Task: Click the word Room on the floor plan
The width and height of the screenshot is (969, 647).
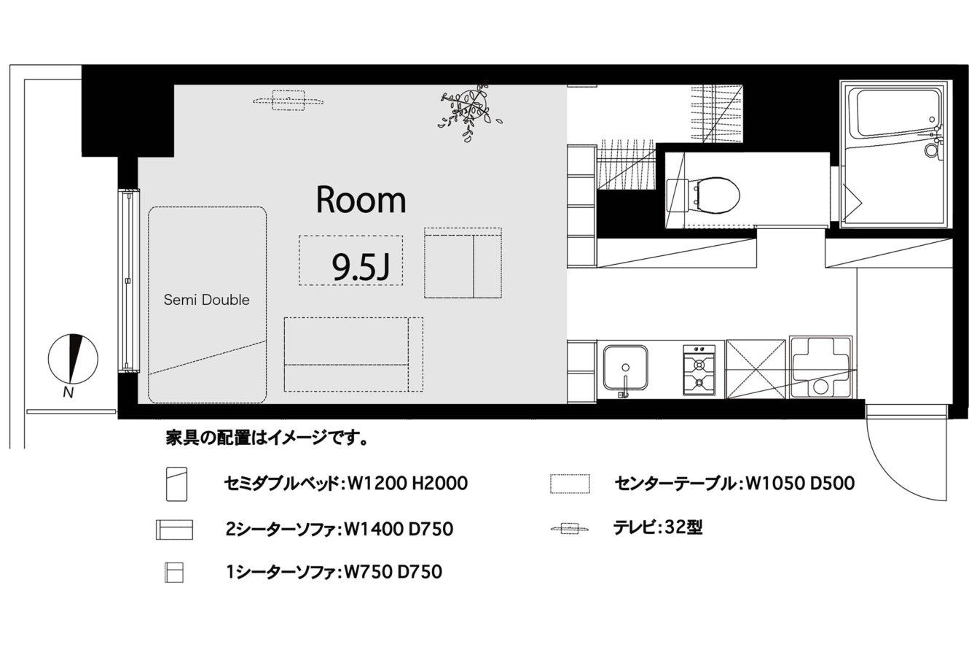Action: coord(361,200)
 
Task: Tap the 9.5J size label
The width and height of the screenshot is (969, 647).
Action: coord(361,267)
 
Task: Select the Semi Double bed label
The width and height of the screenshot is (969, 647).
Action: coord(207,300)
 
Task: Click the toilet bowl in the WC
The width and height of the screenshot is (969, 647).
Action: coord(714,195)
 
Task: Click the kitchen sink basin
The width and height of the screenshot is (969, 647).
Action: coord(625,367)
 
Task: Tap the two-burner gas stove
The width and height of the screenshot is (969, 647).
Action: coord(699,371)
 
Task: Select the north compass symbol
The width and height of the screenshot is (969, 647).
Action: coord(73,359)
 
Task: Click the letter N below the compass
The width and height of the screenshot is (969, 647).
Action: coord(68,392)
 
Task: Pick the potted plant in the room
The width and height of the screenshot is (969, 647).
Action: coord(469,109)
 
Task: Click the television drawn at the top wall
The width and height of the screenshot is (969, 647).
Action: coord(289,101)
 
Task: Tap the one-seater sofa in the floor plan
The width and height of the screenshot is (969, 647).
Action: coord(463,263)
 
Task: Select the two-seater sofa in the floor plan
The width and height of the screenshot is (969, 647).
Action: coord(353,355)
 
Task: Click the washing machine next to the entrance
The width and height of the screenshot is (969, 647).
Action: coord(820,367)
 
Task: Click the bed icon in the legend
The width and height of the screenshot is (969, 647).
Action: coord(176,484)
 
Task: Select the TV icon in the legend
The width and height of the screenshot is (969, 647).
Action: coord(570,528)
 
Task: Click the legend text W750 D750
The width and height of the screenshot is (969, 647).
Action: coord(393,572)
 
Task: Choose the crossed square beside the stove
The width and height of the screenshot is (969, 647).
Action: coord(756,369)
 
